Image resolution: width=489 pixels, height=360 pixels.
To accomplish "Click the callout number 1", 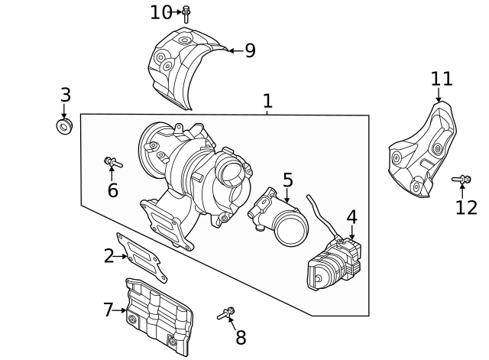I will click(267, 100).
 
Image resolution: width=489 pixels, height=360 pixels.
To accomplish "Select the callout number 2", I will click(108, 256).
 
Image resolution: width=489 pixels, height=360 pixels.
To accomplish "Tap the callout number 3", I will click(65, 96).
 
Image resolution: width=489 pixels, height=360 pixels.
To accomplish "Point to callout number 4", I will click(351, 217).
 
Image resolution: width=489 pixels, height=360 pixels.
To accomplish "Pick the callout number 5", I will click(287, 180).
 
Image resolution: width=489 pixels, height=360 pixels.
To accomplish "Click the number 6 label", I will click(112, 190).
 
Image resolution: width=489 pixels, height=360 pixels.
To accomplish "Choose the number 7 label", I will click(108, 310).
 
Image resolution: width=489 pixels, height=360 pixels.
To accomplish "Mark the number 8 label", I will click(241, 337).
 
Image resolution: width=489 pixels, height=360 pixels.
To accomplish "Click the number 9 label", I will click(250, 51).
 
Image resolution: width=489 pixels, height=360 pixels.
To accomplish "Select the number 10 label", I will click(161, 12).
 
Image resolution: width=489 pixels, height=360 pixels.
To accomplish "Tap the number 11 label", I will click(442, 79).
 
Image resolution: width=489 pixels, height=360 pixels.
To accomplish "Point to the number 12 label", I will click(466, 207).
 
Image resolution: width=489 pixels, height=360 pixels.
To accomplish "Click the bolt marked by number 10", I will click(186, 12).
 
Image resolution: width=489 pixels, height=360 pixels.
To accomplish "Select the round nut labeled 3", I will click(64, 125).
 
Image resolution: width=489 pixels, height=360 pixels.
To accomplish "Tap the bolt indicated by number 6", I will click(113, 162).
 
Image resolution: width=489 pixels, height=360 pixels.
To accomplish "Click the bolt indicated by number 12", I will click(461, 180).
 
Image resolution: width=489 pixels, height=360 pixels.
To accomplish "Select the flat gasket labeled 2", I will click(141, 258).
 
